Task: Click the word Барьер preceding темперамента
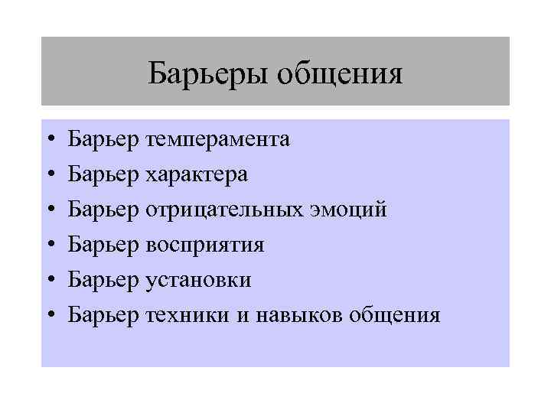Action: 103,139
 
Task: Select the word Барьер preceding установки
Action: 103,280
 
